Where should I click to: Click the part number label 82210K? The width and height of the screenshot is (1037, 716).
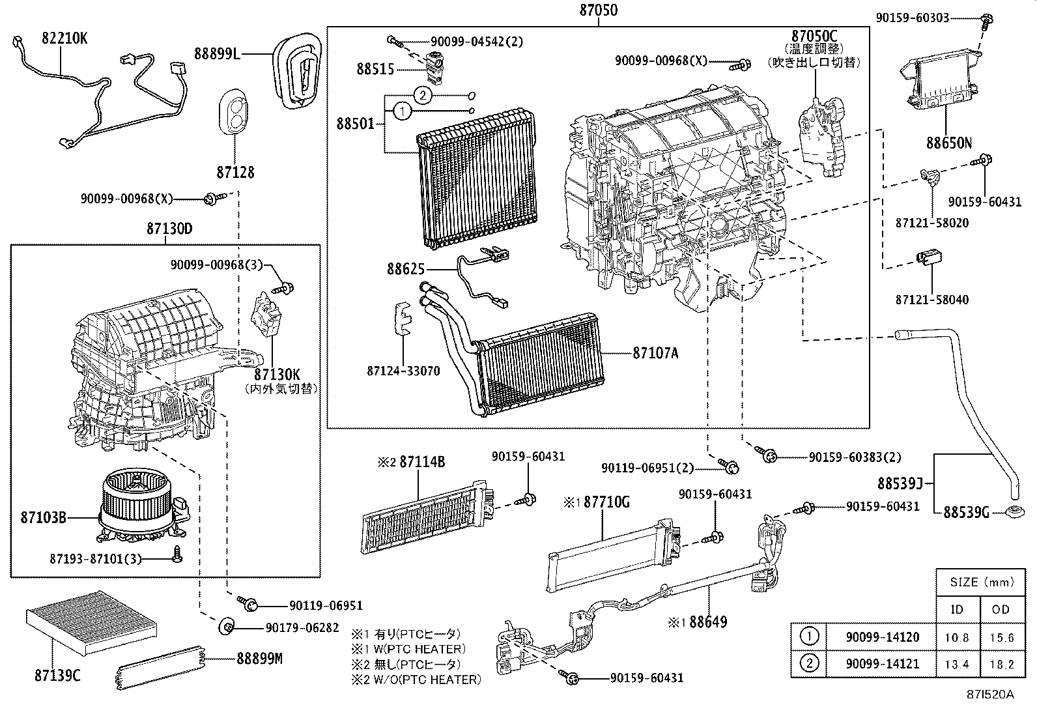coord(64,38)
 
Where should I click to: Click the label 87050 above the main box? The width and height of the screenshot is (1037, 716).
coord(597,10)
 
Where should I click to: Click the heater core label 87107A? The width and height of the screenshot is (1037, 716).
coord(655,353)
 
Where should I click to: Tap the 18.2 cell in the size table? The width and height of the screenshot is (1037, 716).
coord(1001,664)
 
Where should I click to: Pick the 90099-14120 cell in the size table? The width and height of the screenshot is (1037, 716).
coord(882,637)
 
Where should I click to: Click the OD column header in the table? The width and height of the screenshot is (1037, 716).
coord(1001,609)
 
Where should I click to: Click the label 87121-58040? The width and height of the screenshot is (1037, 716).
coord(931,300)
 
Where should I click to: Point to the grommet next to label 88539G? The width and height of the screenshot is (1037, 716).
coord(1014,512)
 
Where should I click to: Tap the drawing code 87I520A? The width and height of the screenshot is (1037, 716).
coord(990,694)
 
